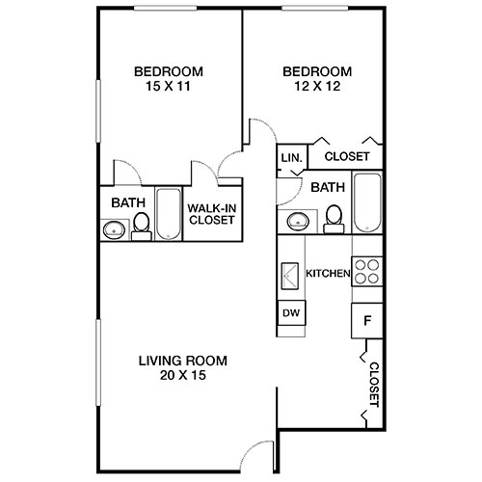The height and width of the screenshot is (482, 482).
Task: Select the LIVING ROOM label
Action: pyautogui.click(x=182, y=361)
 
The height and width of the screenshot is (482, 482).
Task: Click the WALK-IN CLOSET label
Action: pyautogui.click(x=211, y=213)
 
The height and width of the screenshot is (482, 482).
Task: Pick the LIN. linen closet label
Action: pyautogui.click(x=291, y=157)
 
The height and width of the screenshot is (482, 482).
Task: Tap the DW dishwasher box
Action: pyautogui.click(x=290, y=313)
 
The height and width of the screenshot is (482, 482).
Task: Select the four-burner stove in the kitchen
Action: pyautogui.click(x=366, y=271)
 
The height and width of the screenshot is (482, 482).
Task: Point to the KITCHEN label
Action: pyautogui.click(x=327, y=274)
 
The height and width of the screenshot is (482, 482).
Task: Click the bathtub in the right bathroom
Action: pyautogui.click(x=367, y=202)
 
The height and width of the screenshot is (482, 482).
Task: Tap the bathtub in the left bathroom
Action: pyautogui.click(x=168, y=214)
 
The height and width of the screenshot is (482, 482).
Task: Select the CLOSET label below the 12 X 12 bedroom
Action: pyautogui.click(x=347, y=156)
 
